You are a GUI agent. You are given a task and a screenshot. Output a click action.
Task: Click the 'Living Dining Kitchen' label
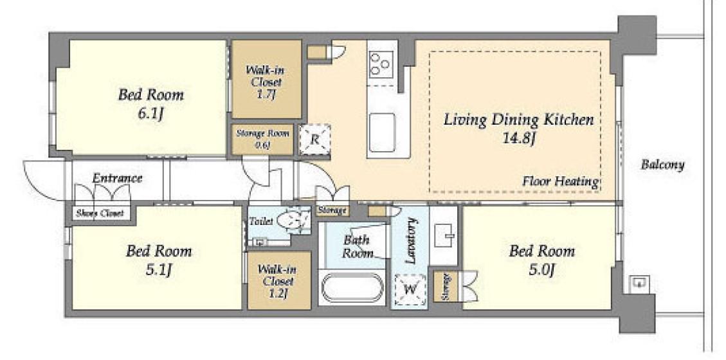click(x=518, y=120)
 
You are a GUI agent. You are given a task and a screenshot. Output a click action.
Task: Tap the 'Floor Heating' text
click(x=561, y=181)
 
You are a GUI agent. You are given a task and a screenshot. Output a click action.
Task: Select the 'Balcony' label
click(x=662, y=165)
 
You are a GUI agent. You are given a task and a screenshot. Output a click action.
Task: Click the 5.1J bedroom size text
click(x=159, y=271)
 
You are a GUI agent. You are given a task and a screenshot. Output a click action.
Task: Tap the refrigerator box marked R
click(x=314, y=139)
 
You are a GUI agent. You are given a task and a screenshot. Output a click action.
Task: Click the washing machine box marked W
click(x=410, y=290)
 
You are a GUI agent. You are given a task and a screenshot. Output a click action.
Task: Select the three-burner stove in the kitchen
click(x=381, y=64)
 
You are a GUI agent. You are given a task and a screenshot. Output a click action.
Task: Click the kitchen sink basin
click(x=383, y=132)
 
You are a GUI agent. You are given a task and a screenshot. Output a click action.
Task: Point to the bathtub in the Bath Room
click(x=352, y=287)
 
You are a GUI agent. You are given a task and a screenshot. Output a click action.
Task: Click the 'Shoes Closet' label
click(x=100, y=213)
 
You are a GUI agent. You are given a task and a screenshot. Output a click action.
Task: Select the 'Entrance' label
click(x=117, y=178)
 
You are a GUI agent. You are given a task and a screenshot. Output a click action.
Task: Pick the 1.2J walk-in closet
click(x=278, y=280)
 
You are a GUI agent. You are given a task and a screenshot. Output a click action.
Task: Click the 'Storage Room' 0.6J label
click(x=262, y=139)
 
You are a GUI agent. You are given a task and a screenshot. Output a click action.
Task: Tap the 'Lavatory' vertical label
click(x=411, y=240)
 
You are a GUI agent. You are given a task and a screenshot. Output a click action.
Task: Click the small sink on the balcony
click(x=640, y=283)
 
